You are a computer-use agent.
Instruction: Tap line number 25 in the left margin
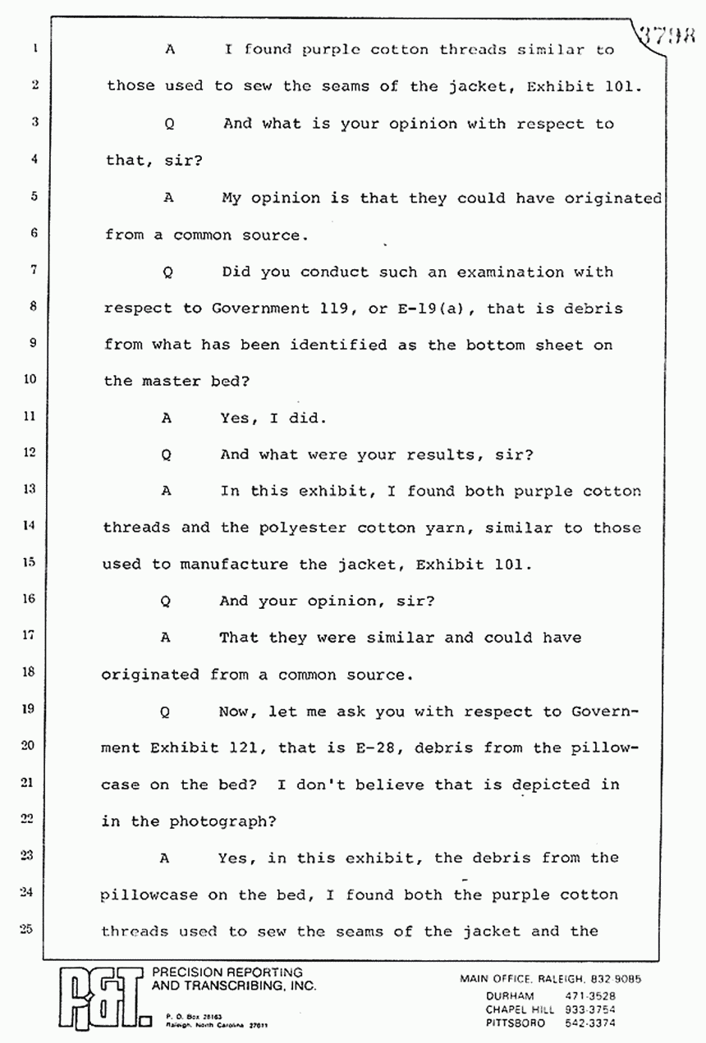point(26,930)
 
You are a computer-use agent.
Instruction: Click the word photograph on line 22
point(220,821)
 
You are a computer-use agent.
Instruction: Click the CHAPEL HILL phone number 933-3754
point(591,1009)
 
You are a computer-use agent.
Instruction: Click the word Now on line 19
point(237,711)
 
